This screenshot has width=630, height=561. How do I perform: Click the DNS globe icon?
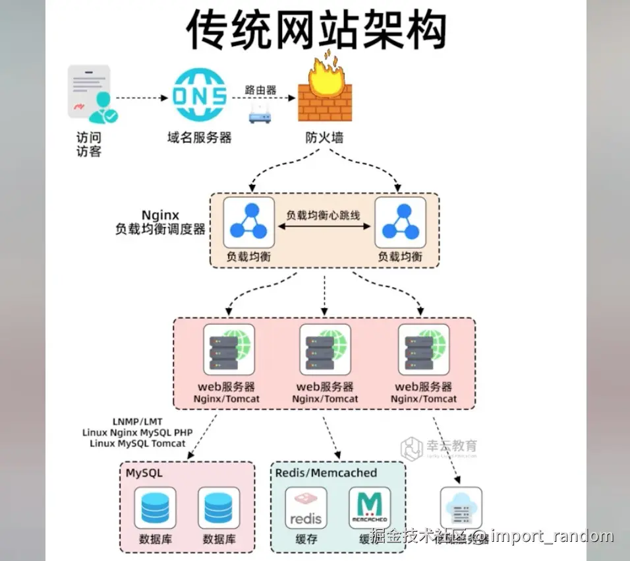(198, 96)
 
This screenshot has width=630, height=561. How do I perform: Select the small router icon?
(261, 114)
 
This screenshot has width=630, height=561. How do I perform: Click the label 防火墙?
(324, 138)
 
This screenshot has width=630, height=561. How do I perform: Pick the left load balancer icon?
(248, 222)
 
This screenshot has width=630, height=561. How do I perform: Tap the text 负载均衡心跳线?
(324, 215)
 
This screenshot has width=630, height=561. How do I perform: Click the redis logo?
(306, 509)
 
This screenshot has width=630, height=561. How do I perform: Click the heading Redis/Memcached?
(326, 473)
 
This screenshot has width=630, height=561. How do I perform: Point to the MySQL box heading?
(144, 473)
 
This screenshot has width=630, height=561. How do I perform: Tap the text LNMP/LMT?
(138, 420)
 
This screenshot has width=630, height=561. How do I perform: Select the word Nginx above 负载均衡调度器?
(160, 215)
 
